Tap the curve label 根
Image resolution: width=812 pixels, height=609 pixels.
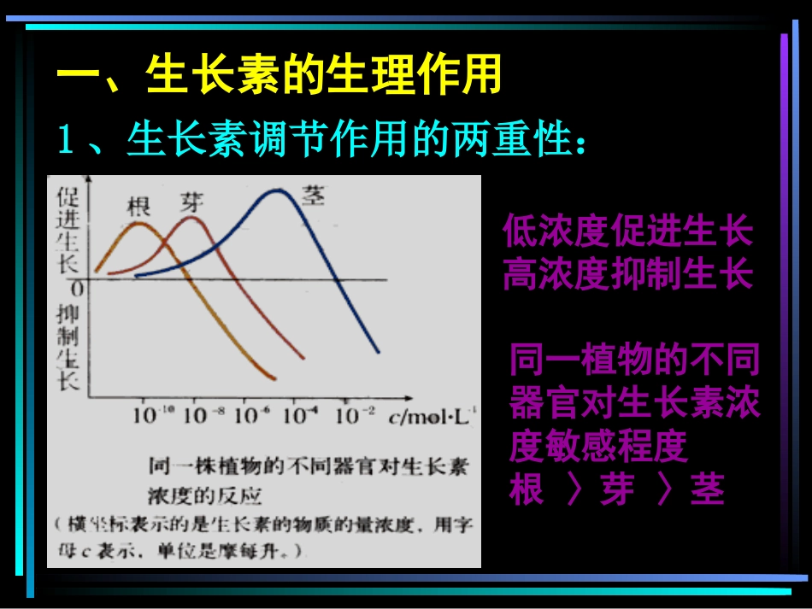click(138, 206)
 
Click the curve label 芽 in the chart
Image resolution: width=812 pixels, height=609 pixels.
click(191, 202)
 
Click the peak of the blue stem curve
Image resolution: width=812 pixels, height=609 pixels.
click(276, 190)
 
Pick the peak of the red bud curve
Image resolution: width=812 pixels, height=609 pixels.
click(191, 218)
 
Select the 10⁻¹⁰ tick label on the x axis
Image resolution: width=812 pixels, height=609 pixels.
click(154, 416)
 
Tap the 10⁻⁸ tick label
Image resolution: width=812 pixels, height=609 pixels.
click(205, 416)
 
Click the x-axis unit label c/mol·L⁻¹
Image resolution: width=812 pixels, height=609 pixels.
click(432, 417)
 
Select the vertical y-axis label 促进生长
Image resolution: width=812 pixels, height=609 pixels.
click(68, 228)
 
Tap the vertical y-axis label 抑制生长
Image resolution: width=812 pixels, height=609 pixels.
click(68, 347)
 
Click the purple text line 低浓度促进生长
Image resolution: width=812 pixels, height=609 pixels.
click(627, 231)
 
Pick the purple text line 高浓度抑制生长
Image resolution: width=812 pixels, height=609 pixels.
click(627, 274)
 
